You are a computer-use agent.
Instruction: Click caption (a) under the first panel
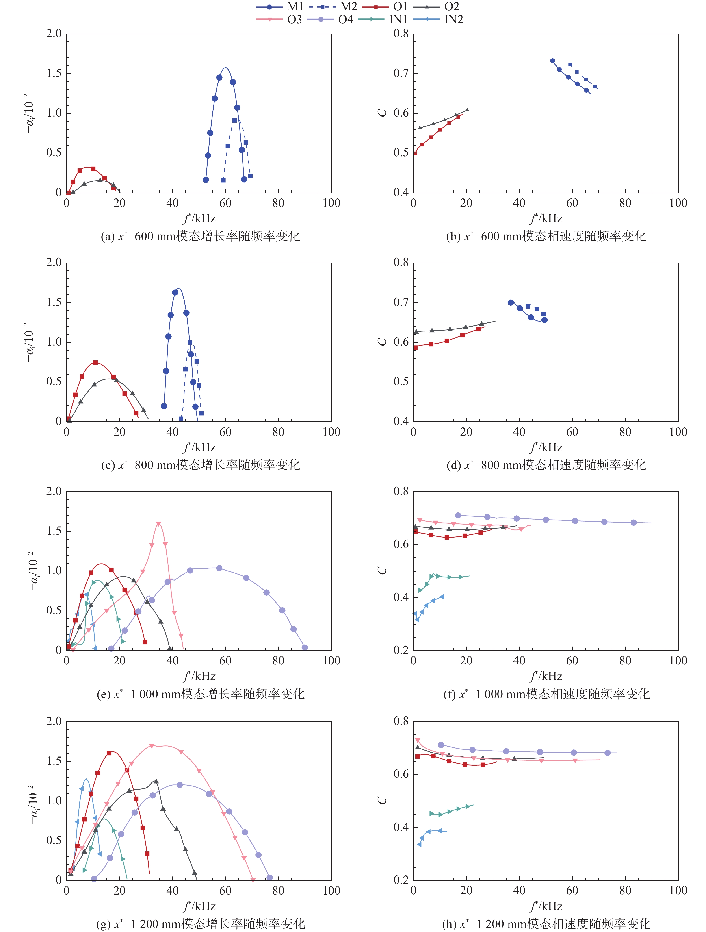click(200, 236)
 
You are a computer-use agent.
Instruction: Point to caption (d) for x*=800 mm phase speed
click(546, 465)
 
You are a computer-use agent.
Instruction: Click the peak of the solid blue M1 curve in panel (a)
click(226, 68)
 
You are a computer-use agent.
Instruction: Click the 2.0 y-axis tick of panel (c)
click(54, 263)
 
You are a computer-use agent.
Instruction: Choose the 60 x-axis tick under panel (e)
click(225, 661)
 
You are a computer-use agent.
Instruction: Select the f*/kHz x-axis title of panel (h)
click(546, 906)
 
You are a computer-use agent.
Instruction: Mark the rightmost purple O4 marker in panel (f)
click(634, 523)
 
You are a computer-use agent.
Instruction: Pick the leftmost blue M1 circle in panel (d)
click(511, 303)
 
